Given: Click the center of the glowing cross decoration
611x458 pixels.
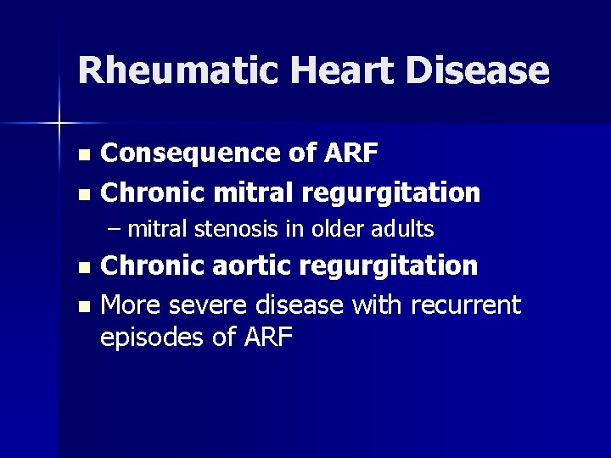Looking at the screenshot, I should [x=59, y=124].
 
